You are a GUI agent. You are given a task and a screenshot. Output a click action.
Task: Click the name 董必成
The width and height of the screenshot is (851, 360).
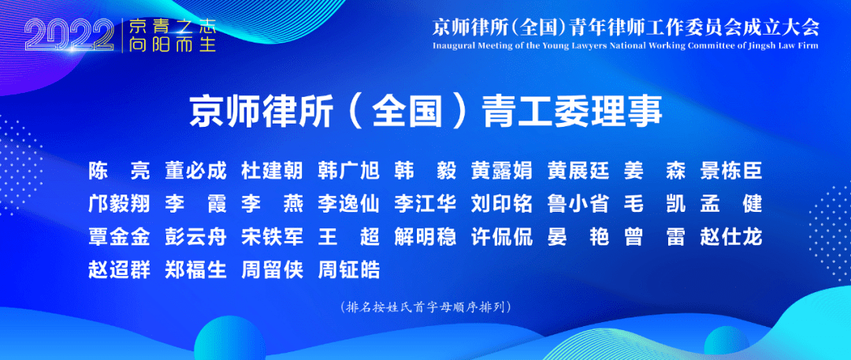coord(195,173)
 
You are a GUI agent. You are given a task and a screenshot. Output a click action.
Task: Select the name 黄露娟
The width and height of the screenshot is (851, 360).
coord(502,173)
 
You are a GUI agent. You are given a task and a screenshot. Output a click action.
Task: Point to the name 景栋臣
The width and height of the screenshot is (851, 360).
coord(731,173)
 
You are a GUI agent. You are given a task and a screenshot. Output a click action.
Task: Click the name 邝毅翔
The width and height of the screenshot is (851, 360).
coord(119,205)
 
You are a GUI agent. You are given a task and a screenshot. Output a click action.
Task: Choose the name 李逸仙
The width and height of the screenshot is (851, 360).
coord(349,205)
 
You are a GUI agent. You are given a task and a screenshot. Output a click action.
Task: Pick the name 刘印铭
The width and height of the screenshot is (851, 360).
coord(502,205)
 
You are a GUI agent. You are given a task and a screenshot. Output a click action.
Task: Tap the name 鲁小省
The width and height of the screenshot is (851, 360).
coord(578,205)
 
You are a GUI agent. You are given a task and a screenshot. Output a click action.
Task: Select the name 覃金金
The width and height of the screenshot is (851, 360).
coord(119,237)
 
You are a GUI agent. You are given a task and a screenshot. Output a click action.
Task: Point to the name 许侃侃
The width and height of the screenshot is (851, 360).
coord(502,237)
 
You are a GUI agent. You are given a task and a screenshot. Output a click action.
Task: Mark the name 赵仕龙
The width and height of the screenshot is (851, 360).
coord(731,237)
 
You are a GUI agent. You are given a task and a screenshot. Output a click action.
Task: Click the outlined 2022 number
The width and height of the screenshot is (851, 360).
coord(69,36)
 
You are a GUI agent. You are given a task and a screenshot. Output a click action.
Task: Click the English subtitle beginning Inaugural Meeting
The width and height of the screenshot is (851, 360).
coord(625,46)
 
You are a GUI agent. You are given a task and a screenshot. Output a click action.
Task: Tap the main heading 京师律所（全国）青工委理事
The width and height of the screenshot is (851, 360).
coord(426,111)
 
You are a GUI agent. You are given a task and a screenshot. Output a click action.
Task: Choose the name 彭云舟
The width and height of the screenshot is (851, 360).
coord(195,237)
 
